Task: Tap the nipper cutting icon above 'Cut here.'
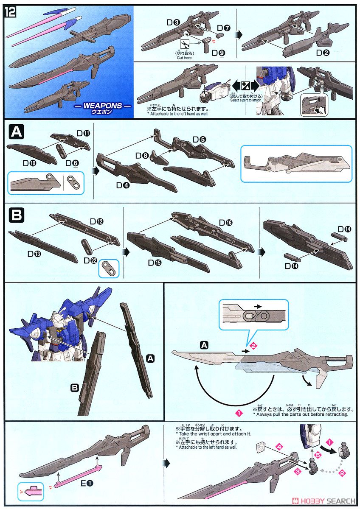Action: click(x=185, y=44)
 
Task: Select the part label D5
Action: click(x=199, y=139)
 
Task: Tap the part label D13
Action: click(x=34, y=254)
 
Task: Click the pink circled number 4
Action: click(x=278, y=446)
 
